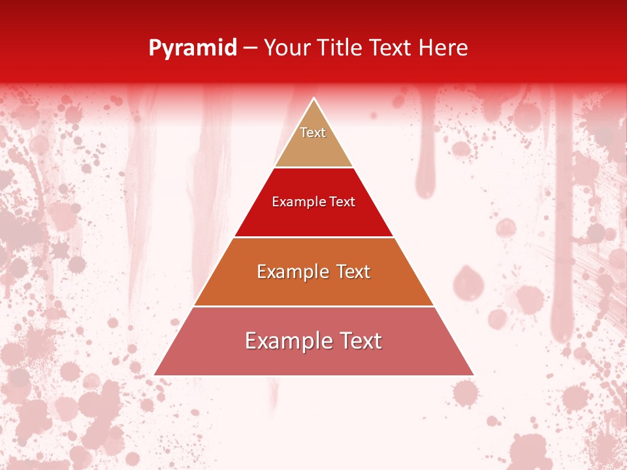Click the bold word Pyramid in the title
(192, 48)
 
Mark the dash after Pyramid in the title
(250, 48)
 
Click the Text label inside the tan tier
(313, 133)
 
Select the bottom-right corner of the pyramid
(473, 375)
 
